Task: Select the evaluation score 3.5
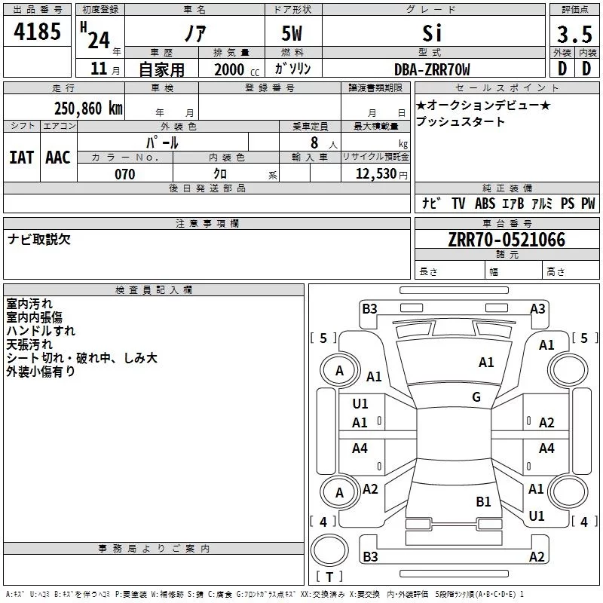coord(574,34)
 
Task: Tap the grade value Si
coord(433,33)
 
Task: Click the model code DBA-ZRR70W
coord(432,70)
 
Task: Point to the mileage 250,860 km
coord(88,108)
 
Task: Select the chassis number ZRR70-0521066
coord(506,240)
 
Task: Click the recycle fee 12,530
coord(378,175)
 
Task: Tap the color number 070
coord(124,175)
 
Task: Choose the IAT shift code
coord(21,158)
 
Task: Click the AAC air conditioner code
coord(58,158)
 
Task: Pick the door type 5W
coord(293,34)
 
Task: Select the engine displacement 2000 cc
coord(234,70)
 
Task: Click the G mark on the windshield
coord(476,397)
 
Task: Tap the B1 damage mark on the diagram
coord(483,501)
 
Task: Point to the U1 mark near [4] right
coord(537,516)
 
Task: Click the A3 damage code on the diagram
coord(537,308)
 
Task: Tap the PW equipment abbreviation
coord(587,204)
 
